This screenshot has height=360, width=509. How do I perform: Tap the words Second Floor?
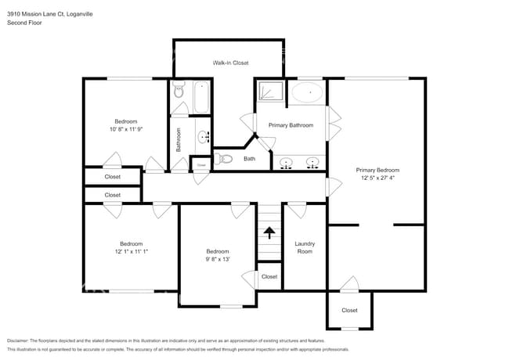[x=24, y=23]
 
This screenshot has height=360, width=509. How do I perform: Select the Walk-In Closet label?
[x=230, y=63]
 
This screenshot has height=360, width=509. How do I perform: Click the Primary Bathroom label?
[x=291, y=125]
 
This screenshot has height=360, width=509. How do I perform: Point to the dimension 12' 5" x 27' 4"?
[x=377, y=178]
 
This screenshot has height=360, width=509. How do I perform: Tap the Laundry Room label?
[x=304, y=247]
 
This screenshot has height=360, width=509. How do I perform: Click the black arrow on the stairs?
[x=269, y=232]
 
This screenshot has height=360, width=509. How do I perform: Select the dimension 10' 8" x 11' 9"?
[x=126, y=130]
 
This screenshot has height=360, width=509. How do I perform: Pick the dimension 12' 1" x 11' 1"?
[x=131, y=251]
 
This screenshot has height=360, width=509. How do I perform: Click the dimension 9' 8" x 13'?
[x=218, y=260]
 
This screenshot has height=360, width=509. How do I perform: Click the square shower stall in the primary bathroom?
[x=269, y=92]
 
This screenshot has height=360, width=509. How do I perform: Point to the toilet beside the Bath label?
[x=226, y=159]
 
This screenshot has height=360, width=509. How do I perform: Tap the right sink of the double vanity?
[x=312, y=163]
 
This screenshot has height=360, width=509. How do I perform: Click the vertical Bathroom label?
[x=179, y=139]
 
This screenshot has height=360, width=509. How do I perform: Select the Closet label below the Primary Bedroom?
[x=349, y=310]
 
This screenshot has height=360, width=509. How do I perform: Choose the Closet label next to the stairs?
[x=269, y=276]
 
